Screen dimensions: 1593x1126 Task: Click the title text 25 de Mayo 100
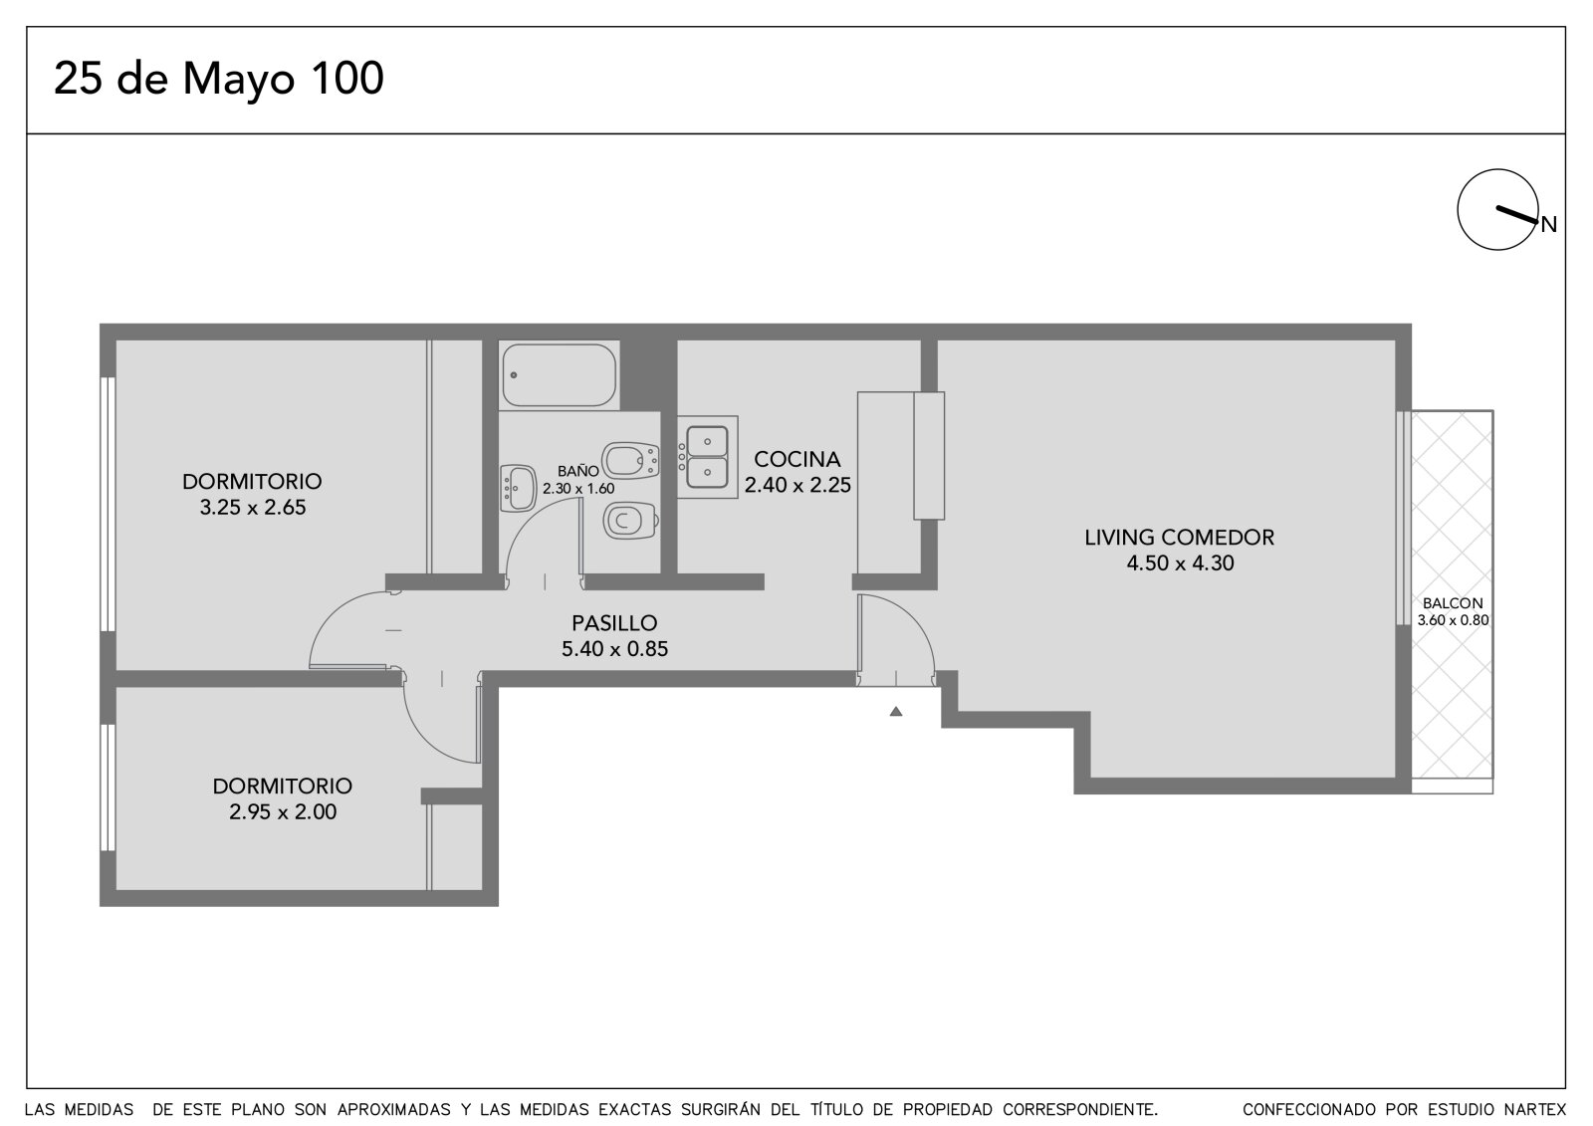(218, 79)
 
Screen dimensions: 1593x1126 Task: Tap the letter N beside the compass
(1549, 225)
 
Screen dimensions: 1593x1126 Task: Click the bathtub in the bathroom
(559, 375)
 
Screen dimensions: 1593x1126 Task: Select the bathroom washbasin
(518, 489)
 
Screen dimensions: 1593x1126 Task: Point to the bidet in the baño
(630, 460)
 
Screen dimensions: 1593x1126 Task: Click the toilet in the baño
(629, 521)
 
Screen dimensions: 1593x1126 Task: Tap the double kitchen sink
(707, 457)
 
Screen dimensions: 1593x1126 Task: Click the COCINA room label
(797, 459)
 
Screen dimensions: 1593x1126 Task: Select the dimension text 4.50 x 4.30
(1181, 563)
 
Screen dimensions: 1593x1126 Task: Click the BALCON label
(1453, 603)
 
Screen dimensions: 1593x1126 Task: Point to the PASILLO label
(614, 623)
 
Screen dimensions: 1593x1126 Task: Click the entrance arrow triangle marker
(896, 711)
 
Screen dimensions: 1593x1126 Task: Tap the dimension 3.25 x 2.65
(253, 507)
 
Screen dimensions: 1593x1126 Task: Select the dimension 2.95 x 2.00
(283, 811)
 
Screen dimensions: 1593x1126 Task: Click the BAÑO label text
(578, 470)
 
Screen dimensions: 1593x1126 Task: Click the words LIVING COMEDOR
(1179, 537)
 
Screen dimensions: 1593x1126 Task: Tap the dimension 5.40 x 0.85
(614, 649)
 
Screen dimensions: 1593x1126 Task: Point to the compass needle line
(1517, 215)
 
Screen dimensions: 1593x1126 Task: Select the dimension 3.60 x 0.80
(1453, 620)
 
